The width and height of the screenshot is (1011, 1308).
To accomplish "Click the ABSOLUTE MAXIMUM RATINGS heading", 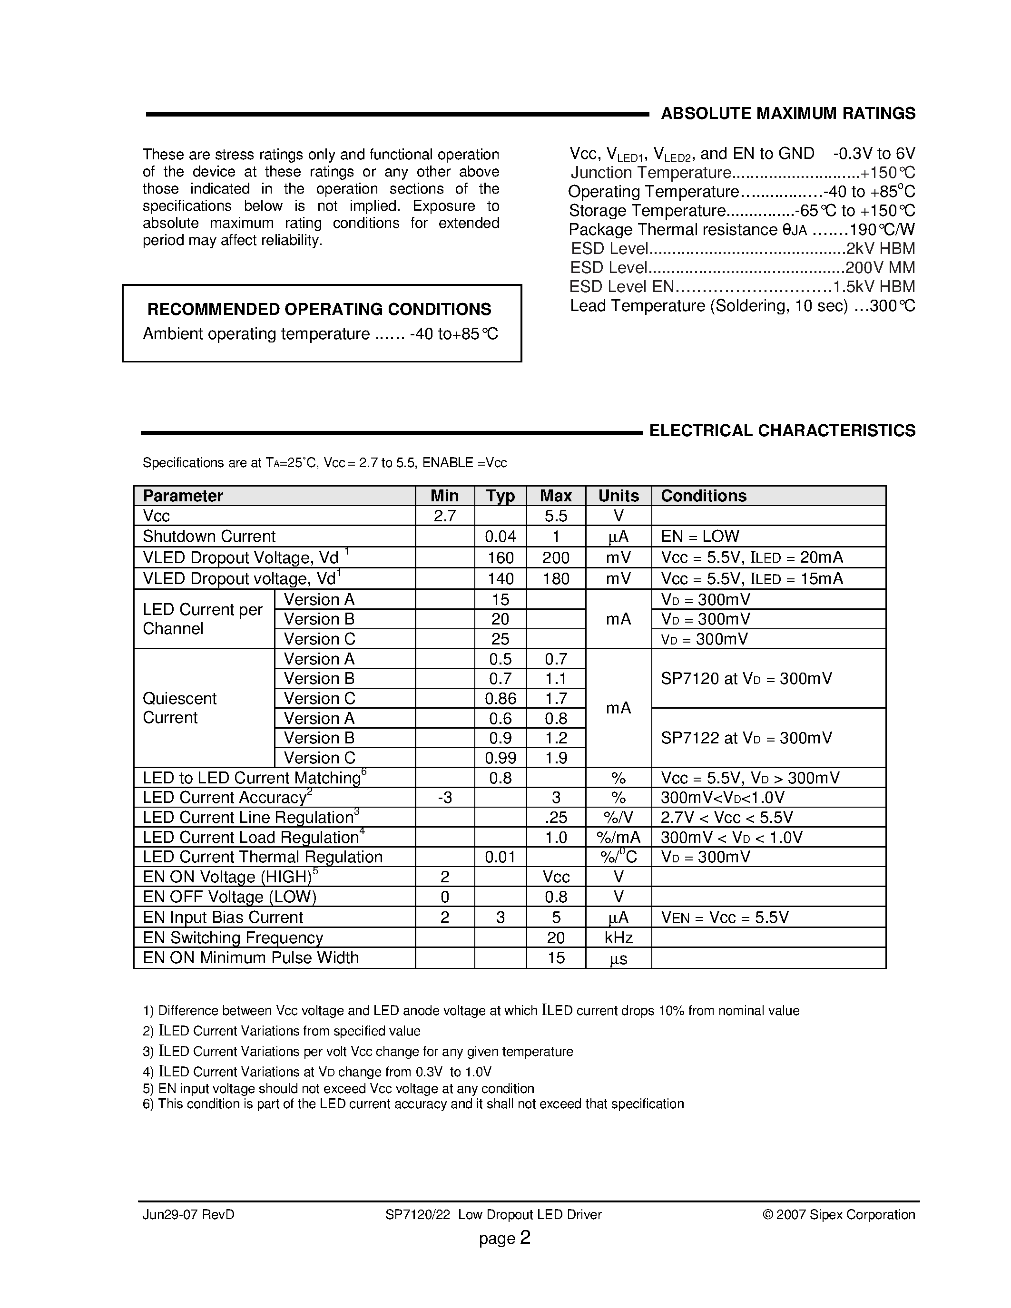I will pyautogui.click(x=787, y=114).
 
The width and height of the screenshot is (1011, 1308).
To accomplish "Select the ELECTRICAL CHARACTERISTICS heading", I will pyautogui.click(x=782, y=430).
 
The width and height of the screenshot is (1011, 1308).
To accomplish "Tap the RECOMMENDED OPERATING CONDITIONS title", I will pyautogui.click(x=319, y=309).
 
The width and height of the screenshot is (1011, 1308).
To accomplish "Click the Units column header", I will pyautogui.click(x=618, y=496).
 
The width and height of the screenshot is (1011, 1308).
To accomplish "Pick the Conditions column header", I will pyautogui.click(x=703, y=496).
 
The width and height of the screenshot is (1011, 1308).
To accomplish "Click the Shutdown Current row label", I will pyautogui.click(x=209, y=536).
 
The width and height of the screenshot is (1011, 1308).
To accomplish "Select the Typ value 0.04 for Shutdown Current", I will pyautogui.click(x=500, y=536).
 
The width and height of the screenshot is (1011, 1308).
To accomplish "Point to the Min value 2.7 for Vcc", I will pyautogui.click(x=444, y=516).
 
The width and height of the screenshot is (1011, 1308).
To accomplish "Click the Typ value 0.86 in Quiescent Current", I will pyautogui.click(x=500, y=698).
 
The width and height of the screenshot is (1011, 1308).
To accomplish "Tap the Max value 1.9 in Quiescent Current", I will pyautogui.click(x=556, y=758).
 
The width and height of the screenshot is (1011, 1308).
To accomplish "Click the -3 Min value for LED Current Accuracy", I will pyautogui.click(x=444, y=798).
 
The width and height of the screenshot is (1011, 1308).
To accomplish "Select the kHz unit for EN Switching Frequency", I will pyautogui.click(x=618, y=938).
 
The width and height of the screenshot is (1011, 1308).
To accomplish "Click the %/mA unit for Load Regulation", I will pyautogui.click(x=618, y=837).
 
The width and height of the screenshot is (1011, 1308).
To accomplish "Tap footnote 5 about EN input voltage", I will pyautogui.click(x=338, y=1088).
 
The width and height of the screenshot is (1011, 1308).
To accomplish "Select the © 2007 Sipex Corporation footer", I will pyautogui.click(x=838, y=1215).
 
